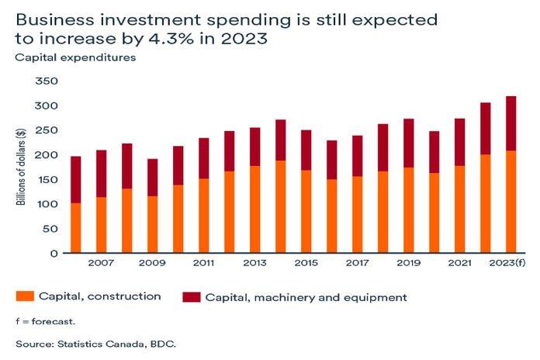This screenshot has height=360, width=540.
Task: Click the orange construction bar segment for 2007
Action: pos(102,225)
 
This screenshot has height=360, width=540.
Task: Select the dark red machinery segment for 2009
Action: pos(153,178)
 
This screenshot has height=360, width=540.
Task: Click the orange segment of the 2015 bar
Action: pos(306,211)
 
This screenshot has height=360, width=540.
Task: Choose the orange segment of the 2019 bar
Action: pos(407,210)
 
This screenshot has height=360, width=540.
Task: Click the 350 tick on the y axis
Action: pos(47,81)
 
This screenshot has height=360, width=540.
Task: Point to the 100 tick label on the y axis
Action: pos(47,204)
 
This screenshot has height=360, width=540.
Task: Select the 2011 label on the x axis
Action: pos(204,264)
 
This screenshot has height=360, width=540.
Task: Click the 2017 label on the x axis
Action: pos(356,264)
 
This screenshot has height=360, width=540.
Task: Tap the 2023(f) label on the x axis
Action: pos(508,264)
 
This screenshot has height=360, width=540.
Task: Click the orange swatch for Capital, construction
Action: pos(24,296)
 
